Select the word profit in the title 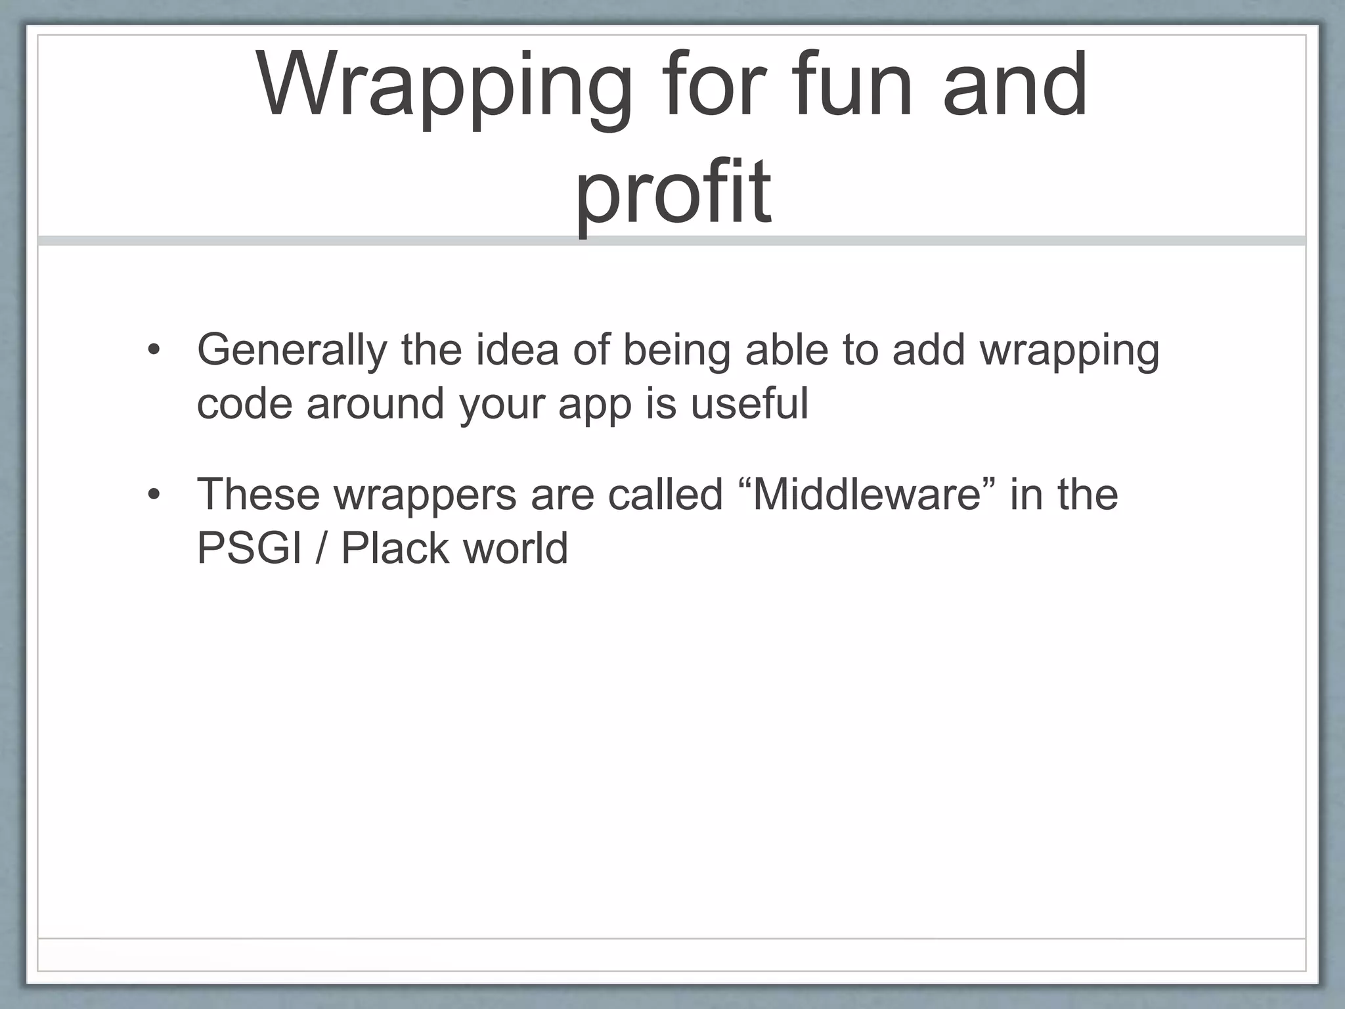tap(672, 194)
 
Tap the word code tap(244, 403)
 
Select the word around tap(376, 403)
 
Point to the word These tap(258, 494)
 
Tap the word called tap(665, 494)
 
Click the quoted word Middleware tap(866, 494)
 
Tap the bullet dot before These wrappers tap(154, 495)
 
